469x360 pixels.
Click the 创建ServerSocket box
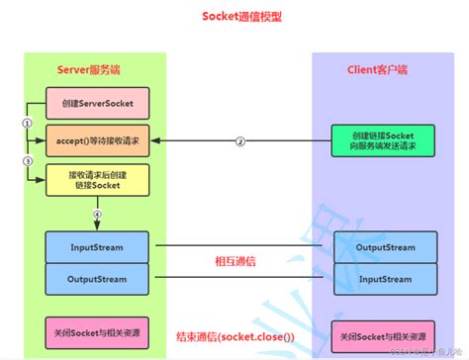97,102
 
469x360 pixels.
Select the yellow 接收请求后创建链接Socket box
97,179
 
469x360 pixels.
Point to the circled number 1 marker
28,122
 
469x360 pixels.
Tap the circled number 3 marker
28,159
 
